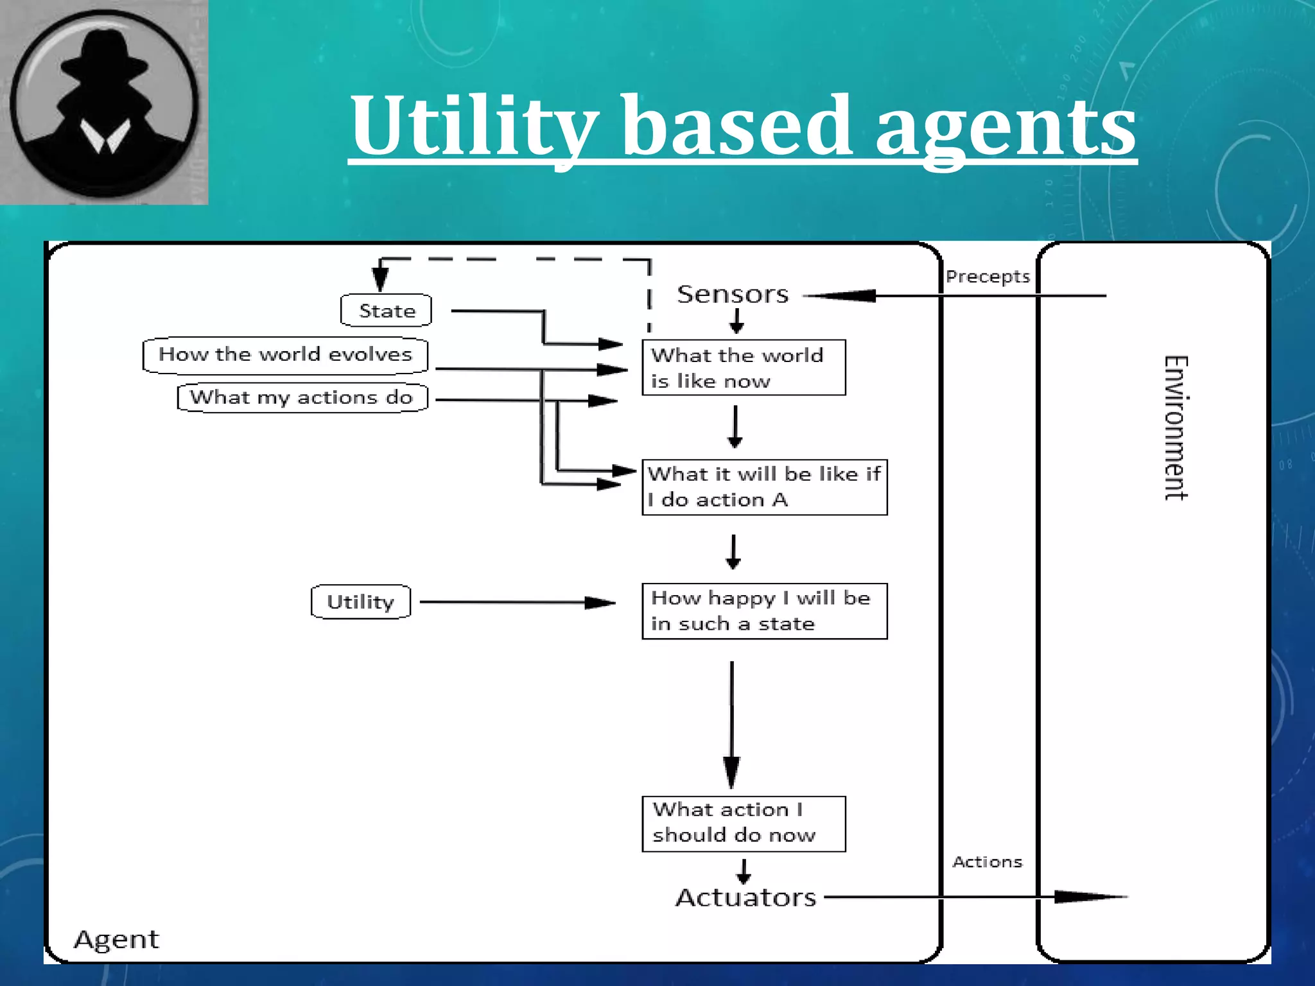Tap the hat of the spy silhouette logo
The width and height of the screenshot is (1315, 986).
click(103, 55)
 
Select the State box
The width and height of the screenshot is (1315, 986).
click(386, 311)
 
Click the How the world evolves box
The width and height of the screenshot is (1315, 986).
click(285, 354)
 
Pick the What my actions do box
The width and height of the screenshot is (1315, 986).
click(302, 397)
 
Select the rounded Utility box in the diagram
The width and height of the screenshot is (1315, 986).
click(360, 601)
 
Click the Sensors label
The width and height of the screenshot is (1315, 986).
click(733, 294)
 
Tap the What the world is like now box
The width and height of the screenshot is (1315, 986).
click(744, 367)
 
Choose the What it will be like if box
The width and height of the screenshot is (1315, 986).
click(764, 487)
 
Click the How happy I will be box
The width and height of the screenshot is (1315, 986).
click(764, 610)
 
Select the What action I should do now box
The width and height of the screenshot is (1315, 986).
click(744, 823)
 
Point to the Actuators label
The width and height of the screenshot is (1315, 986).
click(745, 897)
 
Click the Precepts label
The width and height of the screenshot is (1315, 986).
click(988, 277)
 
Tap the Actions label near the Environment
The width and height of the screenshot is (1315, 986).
click(987, 861)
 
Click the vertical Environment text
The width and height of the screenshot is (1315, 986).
click(1176, 427)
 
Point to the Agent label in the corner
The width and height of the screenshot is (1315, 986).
click(116, 939)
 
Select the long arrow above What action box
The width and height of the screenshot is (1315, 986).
click(731, 719)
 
